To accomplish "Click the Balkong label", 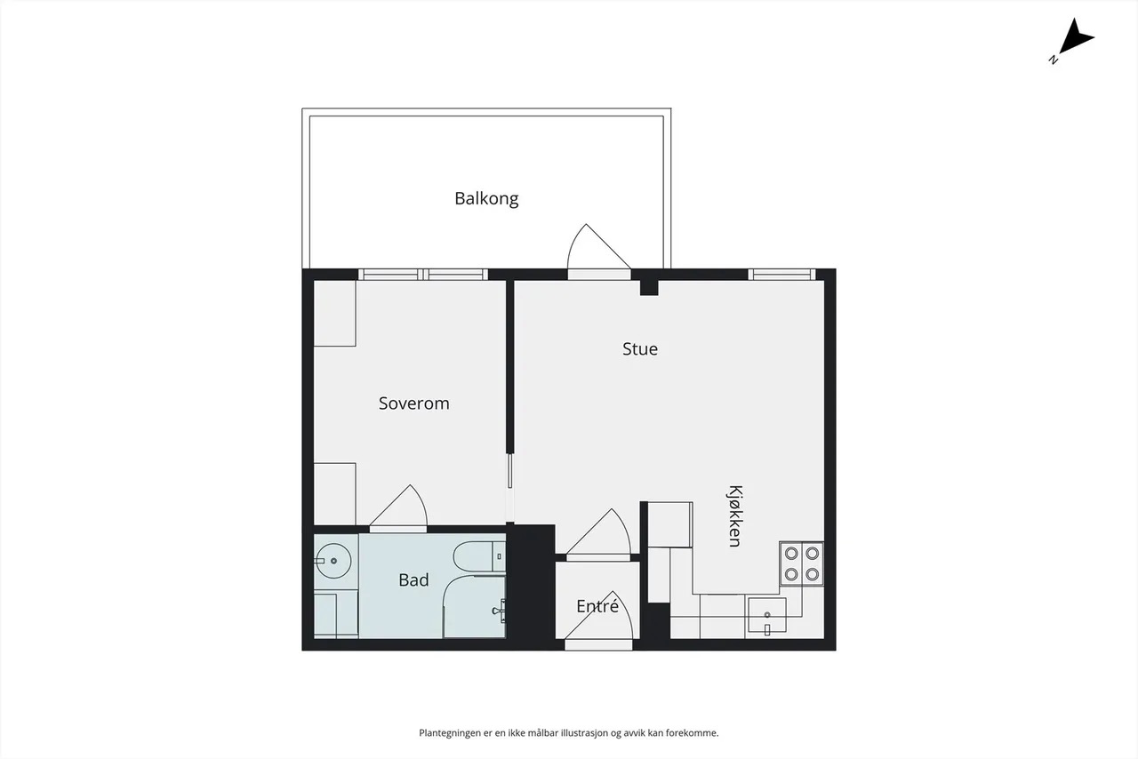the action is pos(486,199).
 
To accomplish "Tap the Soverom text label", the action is pos(414,403).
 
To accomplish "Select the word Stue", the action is pos(640,349).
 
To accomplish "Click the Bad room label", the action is pos(413,580).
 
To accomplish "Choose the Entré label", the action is pos(597,605).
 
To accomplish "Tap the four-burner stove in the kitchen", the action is pos(802,563).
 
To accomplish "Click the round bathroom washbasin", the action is pos(333,561).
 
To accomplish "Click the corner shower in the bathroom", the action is pos(475,607).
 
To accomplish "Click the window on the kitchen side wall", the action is pos(781,275).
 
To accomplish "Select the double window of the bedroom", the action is pos(423,275).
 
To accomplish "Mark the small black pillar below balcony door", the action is pos(649,288).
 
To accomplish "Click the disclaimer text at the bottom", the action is pos(568,733).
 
